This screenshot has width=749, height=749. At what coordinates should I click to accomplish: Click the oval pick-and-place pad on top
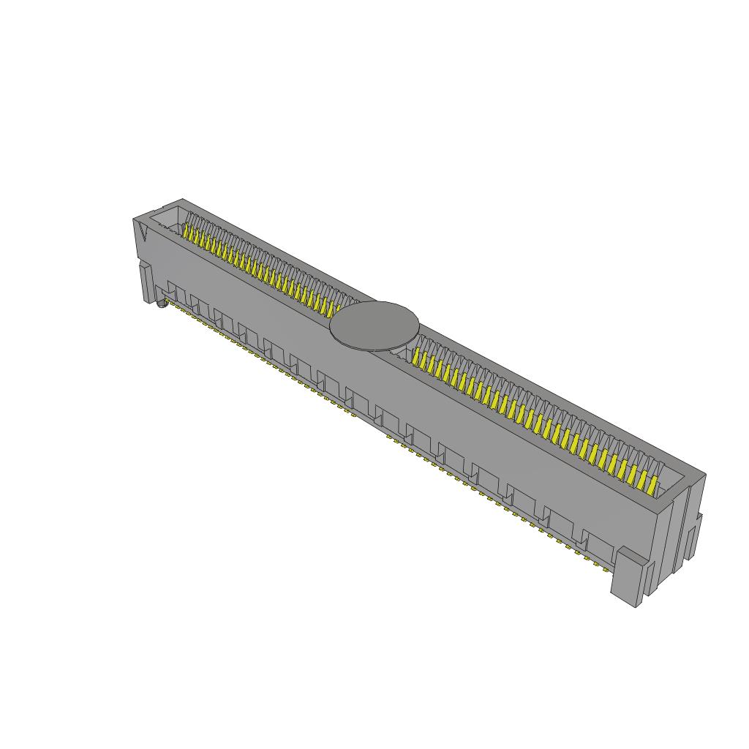coord(374,325)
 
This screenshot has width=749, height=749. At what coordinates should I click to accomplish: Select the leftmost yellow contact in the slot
coord(187,233)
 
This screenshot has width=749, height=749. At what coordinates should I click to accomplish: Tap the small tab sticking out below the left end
coord(144,281)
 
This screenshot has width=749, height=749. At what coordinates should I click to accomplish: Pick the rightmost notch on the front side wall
coord(596,543)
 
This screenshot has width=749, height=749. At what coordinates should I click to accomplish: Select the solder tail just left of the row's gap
coord(354,415)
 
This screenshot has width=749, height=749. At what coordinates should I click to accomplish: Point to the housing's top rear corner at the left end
coord(181,199)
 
